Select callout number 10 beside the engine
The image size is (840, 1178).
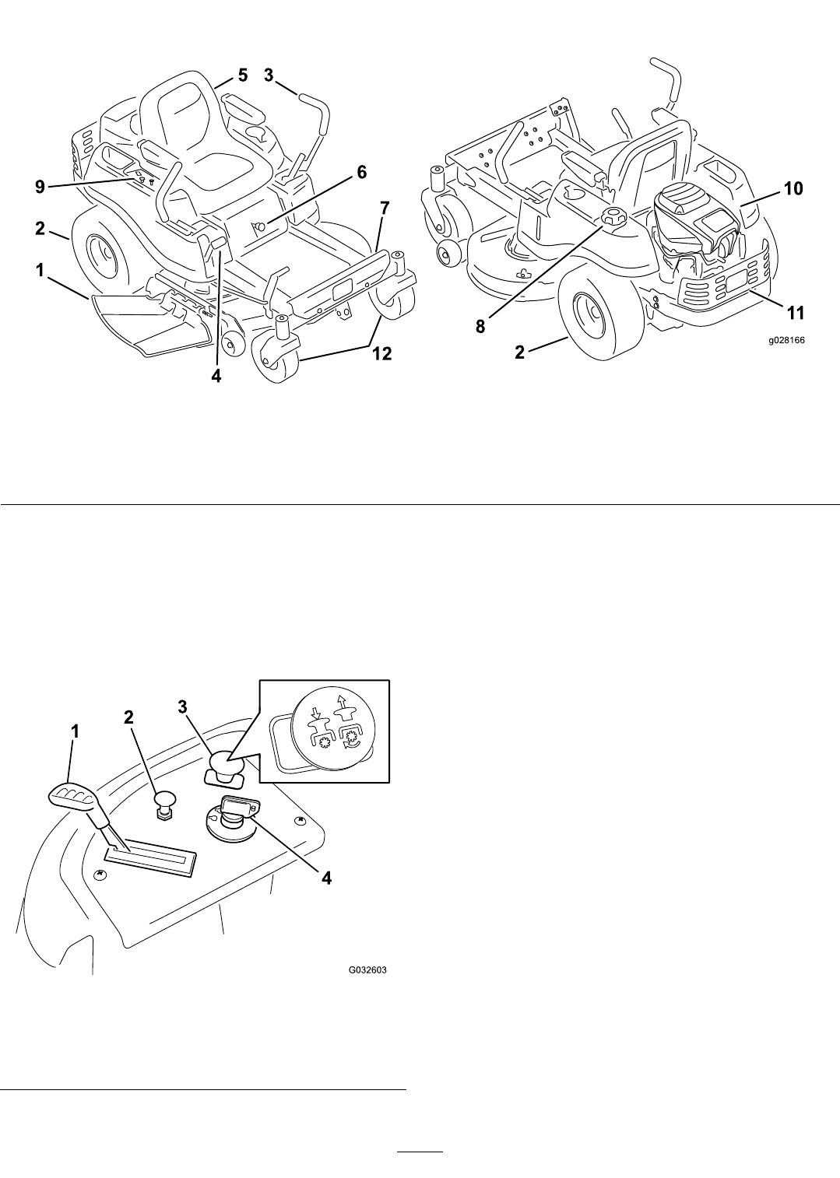tap(793, 188)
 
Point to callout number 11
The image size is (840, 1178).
tap(793, 314)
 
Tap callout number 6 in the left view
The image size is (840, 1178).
tap(362, 173)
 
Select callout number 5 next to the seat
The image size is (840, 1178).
tap(243, 75)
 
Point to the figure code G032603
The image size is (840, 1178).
tap(367, 970)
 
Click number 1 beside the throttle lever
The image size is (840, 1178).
tap(75, 732)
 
